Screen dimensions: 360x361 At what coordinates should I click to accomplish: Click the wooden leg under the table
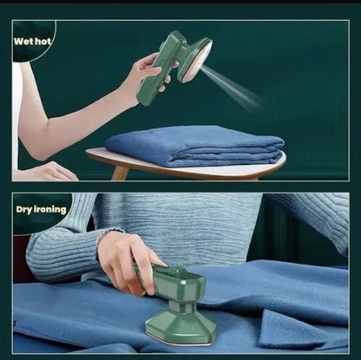click(x=121, y=173)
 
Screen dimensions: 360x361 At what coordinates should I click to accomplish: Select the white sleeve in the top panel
click(x=17, y=113)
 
